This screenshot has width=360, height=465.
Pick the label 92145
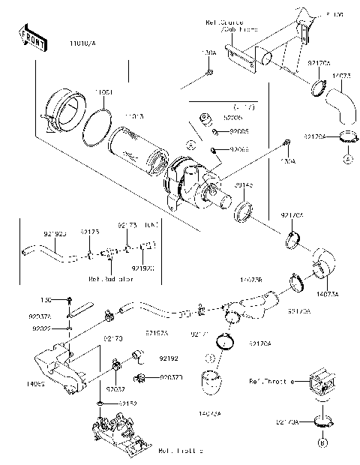[243, 184]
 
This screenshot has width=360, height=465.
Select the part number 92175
[89, 233]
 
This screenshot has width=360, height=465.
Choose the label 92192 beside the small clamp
[169, 359]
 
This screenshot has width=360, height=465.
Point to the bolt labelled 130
[69, 299]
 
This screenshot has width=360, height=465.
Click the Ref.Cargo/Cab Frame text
[228, 26]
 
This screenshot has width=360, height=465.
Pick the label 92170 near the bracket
[112, 338]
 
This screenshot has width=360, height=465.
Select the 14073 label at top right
[342, 76]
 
